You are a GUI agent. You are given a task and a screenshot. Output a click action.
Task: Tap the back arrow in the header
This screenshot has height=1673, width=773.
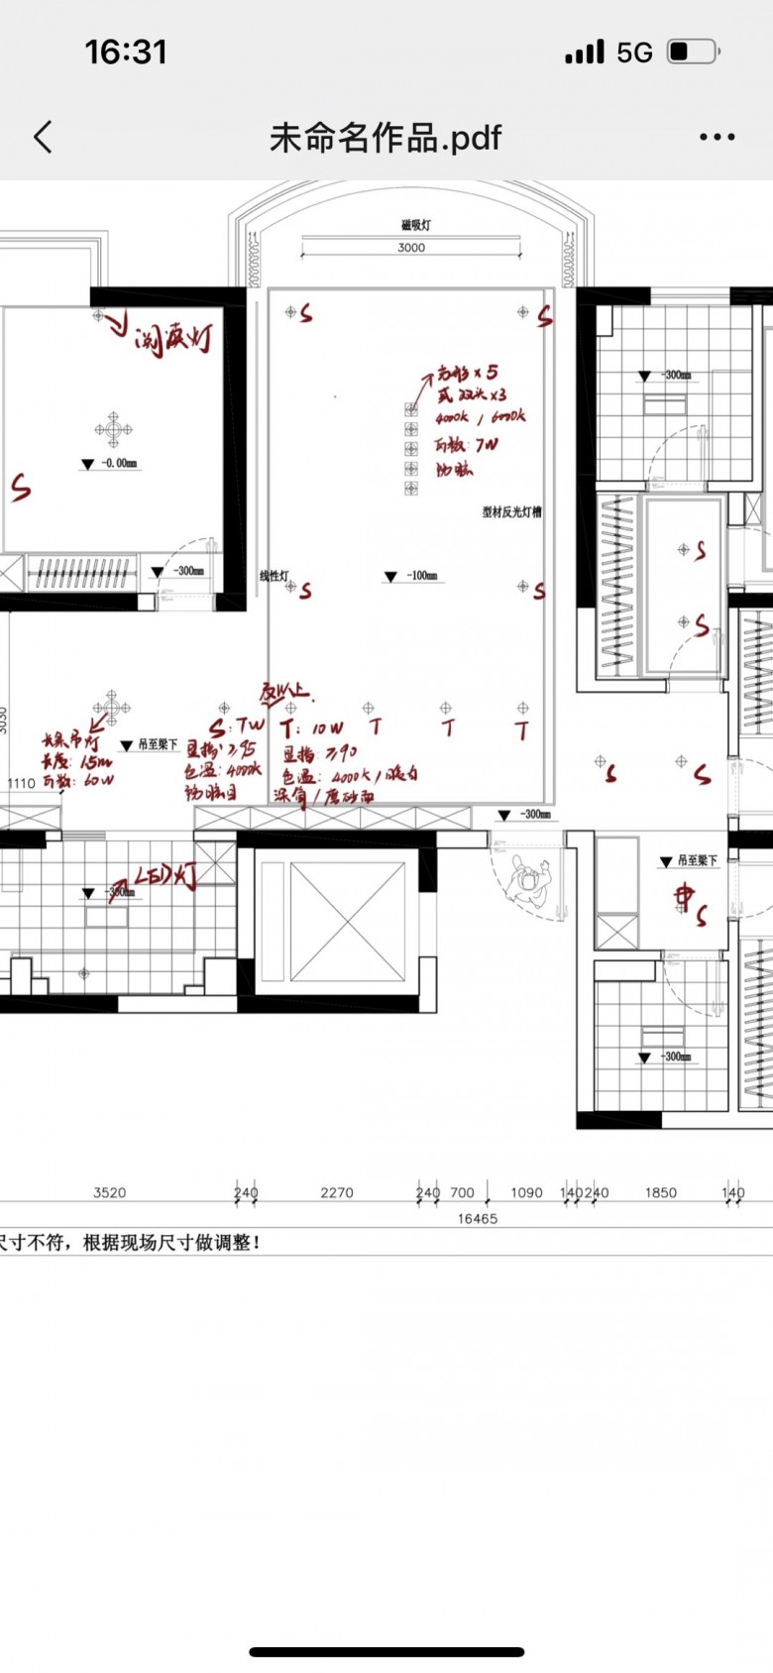click(43, 137)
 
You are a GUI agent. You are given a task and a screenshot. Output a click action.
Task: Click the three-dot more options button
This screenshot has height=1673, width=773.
click(717, 137)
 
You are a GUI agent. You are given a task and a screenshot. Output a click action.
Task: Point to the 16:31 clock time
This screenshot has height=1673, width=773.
click(126, 52)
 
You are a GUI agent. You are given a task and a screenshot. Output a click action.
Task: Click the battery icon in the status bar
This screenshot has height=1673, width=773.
click(693, 52)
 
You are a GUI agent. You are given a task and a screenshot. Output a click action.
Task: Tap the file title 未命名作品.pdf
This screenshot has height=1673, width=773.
click(386, 137)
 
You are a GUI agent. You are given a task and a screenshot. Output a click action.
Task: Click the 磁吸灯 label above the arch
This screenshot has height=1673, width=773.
click(415, 225)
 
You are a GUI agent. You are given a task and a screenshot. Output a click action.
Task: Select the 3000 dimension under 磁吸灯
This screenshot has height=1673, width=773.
click(411, 248)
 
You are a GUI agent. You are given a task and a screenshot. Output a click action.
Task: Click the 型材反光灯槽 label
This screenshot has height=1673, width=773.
click(511, 512)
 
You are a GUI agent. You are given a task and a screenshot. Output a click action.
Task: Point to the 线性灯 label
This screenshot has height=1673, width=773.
click(274, 575)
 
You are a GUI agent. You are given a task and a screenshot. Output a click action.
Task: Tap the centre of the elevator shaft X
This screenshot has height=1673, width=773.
click(347, 923)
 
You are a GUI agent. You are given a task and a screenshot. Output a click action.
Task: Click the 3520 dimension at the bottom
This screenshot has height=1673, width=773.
click(109, 1192)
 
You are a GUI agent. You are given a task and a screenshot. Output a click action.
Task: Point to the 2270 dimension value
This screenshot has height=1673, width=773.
click(337, 1192)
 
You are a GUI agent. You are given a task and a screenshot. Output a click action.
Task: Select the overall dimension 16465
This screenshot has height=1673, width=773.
click(477, 1218)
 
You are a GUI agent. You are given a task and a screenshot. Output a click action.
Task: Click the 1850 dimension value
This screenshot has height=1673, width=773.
click(660, 1192)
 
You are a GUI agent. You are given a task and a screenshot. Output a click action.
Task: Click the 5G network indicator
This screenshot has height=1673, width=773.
click(634, 52)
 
